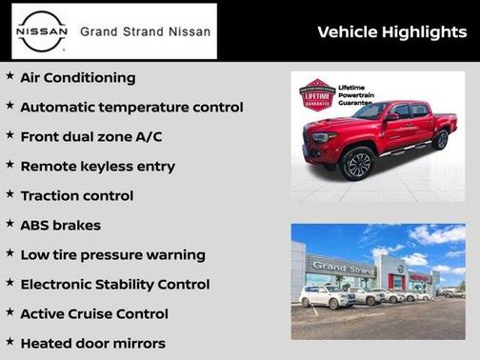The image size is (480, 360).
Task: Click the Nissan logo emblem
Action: [40, 31]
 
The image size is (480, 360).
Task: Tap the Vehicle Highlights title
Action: [391, 32]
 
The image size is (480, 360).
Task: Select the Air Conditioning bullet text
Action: [78, 78]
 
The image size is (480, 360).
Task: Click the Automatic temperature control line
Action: [131, 108]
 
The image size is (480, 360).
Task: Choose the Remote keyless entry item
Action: [98, 167]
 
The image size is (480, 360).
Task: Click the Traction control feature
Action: [76, 196]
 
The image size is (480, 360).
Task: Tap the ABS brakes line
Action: [60, 226]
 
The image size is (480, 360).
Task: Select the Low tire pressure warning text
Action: [112, 255]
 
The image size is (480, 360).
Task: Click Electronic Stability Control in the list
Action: [114, 285]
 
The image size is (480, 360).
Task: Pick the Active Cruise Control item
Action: [94, 314]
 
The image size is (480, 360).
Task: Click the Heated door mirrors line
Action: [92, 344]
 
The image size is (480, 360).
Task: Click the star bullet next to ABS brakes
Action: [10, 225]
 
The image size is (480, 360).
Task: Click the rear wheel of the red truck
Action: [440, 140]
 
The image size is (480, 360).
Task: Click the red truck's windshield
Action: [370, 111]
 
